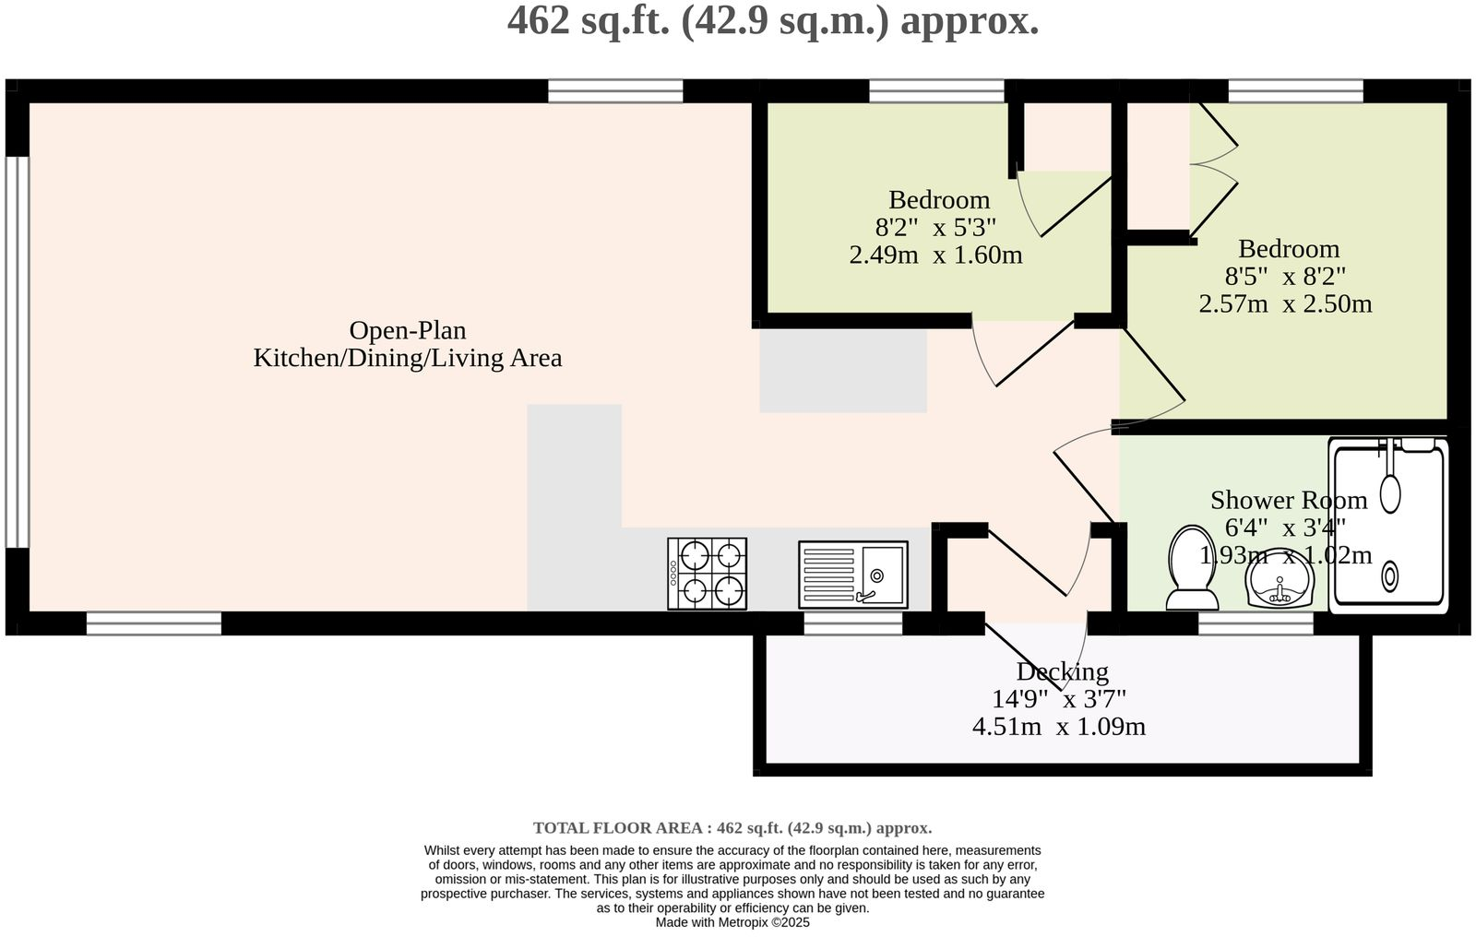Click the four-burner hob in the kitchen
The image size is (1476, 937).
pos(707,574)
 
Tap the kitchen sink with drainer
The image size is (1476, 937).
pos(853,575)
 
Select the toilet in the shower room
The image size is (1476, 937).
pos(1191,568)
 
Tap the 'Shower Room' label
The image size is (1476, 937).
pos(1288,500)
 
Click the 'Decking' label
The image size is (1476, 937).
pos(1062,671)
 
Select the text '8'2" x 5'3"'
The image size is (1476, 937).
pos(935,227)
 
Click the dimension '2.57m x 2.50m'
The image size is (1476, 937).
pos(1285,303)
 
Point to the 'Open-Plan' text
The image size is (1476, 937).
pos(408,330)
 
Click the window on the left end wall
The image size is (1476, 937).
pos(17,351)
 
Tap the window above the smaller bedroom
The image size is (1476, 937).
pos(936,90)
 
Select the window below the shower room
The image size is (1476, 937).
pos(1256,624)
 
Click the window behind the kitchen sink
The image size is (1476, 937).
pos(852,624)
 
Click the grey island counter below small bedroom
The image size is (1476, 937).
pos(842,372)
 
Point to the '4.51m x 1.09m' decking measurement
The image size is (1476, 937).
pos(1059,727)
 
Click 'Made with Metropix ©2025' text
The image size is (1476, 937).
pos(732,922)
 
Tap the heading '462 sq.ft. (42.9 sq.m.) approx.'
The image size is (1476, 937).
pos(773,20)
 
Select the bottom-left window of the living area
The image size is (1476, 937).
pos(154,624)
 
